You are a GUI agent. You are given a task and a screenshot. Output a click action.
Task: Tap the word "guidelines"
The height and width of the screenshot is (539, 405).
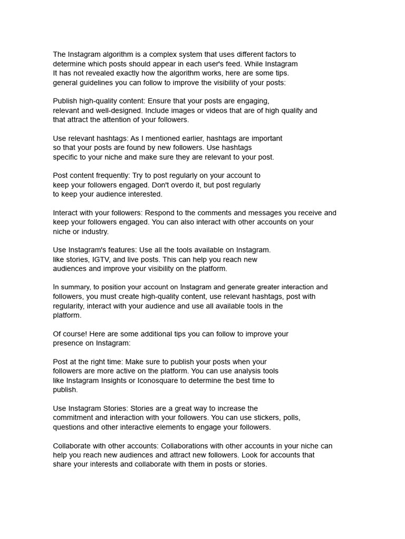(x=98, y=83)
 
